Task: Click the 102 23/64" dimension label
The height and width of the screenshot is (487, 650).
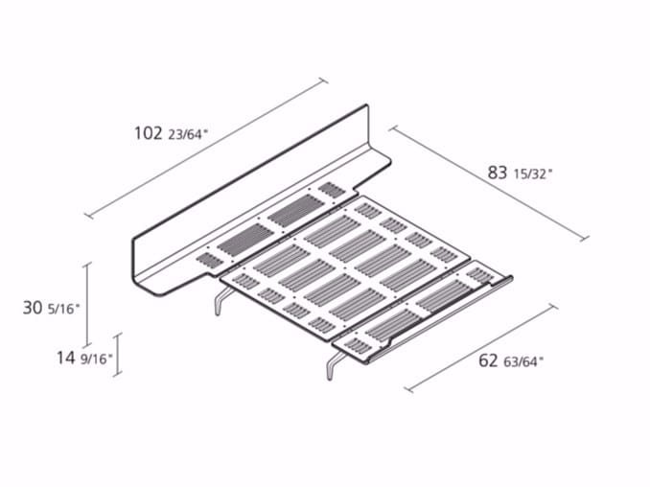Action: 171,133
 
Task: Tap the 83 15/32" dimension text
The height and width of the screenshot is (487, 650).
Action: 520,173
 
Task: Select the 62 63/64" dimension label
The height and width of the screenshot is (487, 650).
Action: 511,360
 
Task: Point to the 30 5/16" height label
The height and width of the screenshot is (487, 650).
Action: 51,308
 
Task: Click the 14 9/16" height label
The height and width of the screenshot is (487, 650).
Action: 84,358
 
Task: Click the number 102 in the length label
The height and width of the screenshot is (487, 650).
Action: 148,133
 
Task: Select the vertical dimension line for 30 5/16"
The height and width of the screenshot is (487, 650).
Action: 86,305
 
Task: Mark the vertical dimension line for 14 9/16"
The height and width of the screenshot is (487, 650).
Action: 118,355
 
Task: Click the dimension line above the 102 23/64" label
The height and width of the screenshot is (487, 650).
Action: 206,148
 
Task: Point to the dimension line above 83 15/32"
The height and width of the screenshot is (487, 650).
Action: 489,183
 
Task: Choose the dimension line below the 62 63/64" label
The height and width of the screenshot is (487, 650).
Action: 481,348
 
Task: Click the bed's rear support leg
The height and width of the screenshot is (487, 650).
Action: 221,301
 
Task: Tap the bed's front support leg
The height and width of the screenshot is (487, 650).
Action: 334,364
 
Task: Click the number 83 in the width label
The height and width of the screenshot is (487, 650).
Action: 497,173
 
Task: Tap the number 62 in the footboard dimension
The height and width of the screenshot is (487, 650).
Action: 488,360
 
